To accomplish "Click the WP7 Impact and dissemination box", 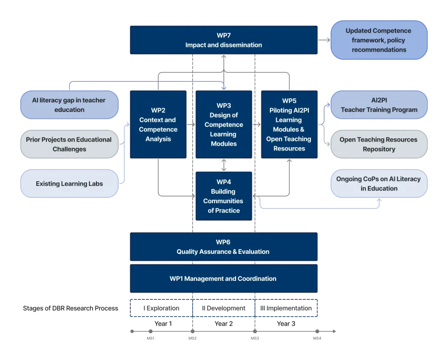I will [x=223, y=40].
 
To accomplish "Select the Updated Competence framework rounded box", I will [x=378, y=40].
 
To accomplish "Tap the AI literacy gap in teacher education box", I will [x=69, y=105].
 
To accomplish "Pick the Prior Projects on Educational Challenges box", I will [x=69, y=144].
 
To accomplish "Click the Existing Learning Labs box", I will [x=69, y=184].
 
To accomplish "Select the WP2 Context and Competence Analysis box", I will [x=158, y=125].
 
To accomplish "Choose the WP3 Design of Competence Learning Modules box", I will [x=223, y=125].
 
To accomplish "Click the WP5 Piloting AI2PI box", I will [x=289, y=125].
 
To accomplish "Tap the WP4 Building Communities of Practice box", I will [x=223, y=196].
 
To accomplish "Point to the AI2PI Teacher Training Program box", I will [x=378, y=105].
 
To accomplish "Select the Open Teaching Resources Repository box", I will [x=378, y=144].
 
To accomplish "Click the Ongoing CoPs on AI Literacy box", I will [x=378, y=184].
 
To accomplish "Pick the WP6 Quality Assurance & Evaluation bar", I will [x=223, y=247].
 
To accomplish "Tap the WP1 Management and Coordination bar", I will [x=223, y=279].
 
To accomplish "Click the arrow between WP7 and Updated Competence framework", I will [x=324, y=40].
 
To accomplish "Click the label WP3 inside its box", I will [x=223, y=106].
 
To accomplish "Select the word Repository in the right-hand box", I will [x=378, y=149].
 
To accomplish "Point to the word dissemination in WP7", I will [x=240, y=45].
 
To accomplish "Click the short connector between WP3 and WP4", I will [x=223, y=165].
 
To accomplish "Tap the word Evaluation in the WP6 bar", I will [x=254, y=252].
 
